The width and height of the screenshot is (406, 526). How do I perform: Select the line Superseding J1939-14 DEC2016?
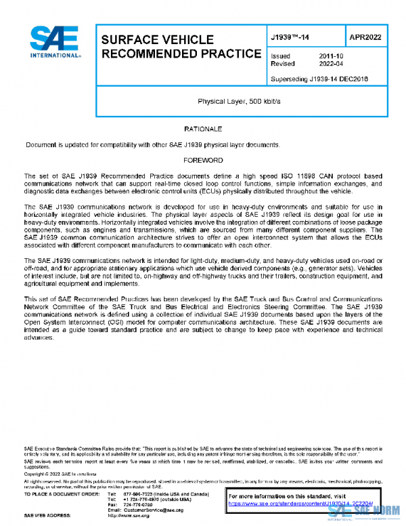[x=317, y=79]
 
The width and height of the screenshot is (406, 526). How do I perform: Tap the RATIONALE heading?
[x=203, y=128]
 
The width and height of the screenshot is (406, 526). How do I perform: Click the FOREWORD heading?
[x=203, y=160]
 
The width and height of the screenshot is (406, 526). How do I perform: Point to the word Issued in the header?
[x=280, y=56]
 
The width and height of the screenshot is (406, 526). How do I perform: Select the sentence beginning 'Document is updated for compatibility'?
[x=152, y=144]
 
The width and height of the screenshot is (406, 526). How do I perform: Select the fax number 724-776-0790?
[x=137, y=504]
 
